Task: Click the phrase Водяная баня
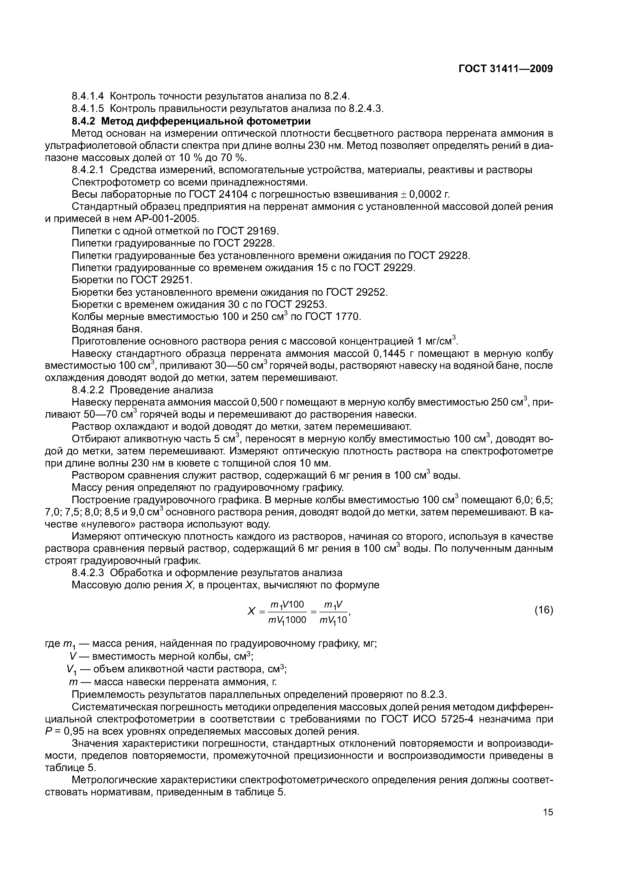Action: click(107, 329)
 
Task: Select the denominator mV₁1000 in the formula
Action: click(287, 620)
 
